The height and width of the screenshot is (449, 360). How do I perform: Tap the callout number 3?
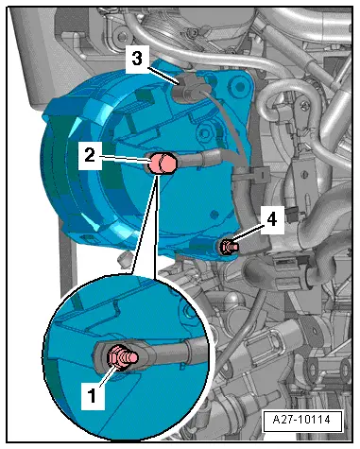[138, 59]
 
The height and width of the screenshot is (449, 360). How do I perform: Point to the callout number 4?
[272, 219]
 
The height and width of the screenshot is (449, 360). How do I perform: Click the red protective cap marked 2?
[163, 166]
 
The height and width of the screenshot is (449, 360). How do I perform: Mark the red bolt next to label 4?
[228, 248]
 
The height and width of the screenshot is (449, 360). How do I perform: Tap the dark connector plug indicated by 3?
[188, 89]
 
